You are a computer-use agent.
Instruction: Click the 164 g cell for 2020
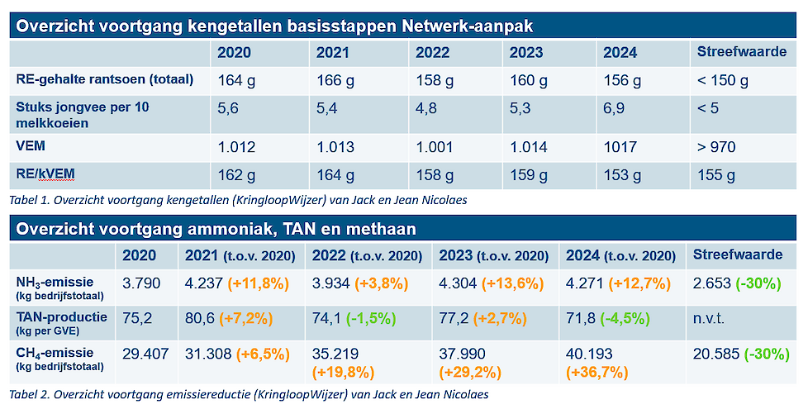point(235,81)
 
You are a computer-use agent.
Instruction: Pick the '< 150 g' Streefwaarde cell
point(723,81)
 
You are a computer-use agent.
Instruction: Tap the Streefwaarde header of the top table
point(741,53)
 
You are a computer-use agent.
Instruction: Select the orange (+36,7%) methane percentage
point(596,373)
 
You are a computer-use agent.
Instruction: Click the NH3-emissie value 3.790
point(140,283)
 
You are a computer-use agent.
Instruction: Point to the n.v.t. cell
point(709,318)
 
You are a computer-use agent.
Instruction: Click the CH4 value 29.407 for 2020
point(144,354)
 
